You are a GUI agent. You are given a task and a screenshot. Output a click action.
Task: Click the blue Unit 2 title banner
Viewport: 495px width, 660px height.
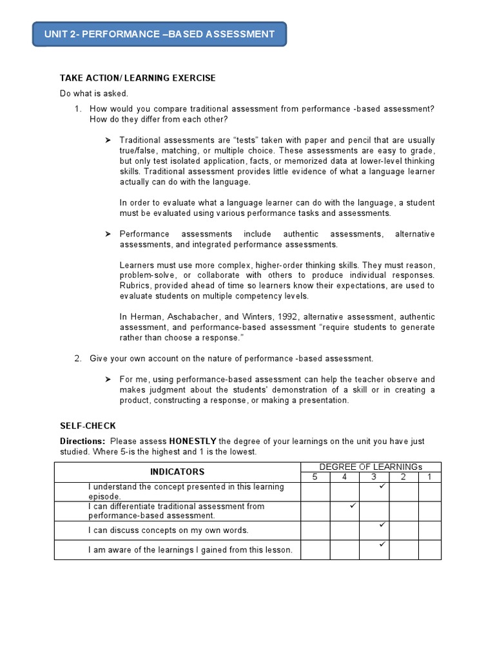click(159, 34)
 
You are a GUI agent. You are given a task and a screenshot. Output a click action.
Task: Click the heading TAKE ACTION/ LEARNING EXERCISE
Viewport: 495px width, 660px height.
click(138, 78)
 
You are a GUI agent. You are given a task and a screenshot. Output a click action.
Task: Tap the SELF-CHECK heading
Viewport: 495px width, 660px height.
click(88, 426)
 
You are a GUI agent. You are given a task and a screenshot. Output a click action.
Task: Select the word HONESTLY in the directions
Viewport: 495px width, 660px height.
click(193, 442)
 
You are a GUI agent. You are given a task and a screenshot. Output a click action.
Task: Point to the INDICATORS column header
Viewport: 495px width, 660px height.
click(177, 472)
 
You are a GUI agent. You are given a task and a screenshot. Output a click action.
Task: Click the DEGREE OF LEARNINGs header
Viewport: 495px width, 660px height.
click(371, 467)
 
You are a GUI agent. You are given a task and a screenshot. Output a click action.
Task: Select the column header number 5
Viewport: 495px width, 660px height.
click(315, 477)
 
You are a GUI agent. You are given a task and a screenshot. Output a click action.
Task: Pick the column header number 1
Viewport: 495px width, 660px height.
click(429, 477)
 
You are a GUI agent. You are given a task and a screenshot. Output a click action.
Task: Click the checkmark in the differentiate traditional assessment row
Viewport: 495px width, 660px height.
click(353, 507)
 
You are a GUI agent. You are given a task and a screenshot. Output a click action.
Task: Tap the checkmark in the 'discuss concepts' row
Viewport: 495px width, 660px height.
click(382, 526)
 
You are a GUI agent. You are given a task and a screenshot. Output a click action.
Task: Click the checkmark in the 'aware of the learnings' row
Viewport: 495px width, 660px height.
click(382, 545)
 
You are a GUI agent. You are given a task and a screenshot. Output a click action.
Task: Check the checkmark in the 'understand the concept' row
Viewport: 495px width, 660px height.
click(382, 487)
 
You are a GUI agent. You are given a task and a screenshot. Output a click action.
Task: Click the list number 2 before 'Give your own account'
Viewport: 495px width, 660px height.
click(77, 358)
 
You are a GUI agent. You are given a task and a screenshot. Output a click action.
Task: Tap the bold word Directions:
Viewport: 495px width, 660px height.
click(82, 442)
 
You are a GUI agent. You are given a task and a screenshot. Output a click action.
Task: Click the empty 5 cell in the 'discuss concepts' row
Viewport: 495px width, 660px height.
click(315, 530)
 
